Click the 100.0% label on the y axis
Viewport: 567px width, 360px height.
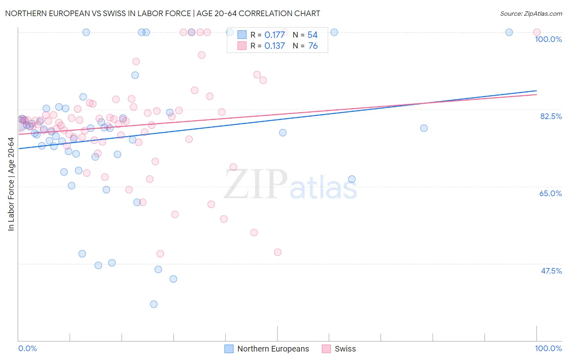coord(548,39)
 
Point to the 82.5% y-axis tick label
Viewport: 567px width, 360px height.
coord(551,116)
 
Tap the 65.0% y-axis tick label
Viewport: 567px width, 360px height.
coord(550,193)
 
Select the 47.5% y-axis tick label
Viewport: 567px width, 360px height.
coord(551,271)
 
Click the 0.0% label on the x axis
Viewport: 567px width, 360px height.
coord(27,348)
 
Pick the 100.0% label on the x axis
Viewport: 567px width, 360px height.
coord(548,348)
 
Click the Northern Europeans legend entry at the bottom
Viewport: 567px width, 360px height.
coord(273,349)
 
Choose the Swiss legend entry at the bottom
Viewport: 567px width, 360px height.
coord(345,349)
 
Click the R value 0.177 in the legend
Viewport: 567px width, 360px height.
coord(275,35)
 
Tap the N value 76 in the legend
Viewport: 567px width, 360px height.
coord(313,46)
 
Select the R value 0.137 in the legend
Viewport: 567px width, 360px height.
coord(275,46)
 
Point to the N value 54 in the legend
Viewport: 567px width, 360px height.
coord(313,35)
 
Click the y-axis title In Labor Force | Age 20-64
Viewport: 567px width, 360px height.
coord(11,184)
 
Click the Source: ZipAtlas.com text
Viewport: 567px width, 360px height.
coord(531,14)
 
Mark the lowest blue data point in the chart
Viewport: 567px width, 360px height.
coord(154,304)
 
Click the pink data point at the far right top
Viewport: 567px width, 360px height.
coord(536,32)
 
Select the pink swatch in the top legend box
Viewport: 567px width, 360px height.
coord(242,46)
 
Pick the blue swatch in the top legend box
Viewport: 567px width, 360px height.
coord(242,35)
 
